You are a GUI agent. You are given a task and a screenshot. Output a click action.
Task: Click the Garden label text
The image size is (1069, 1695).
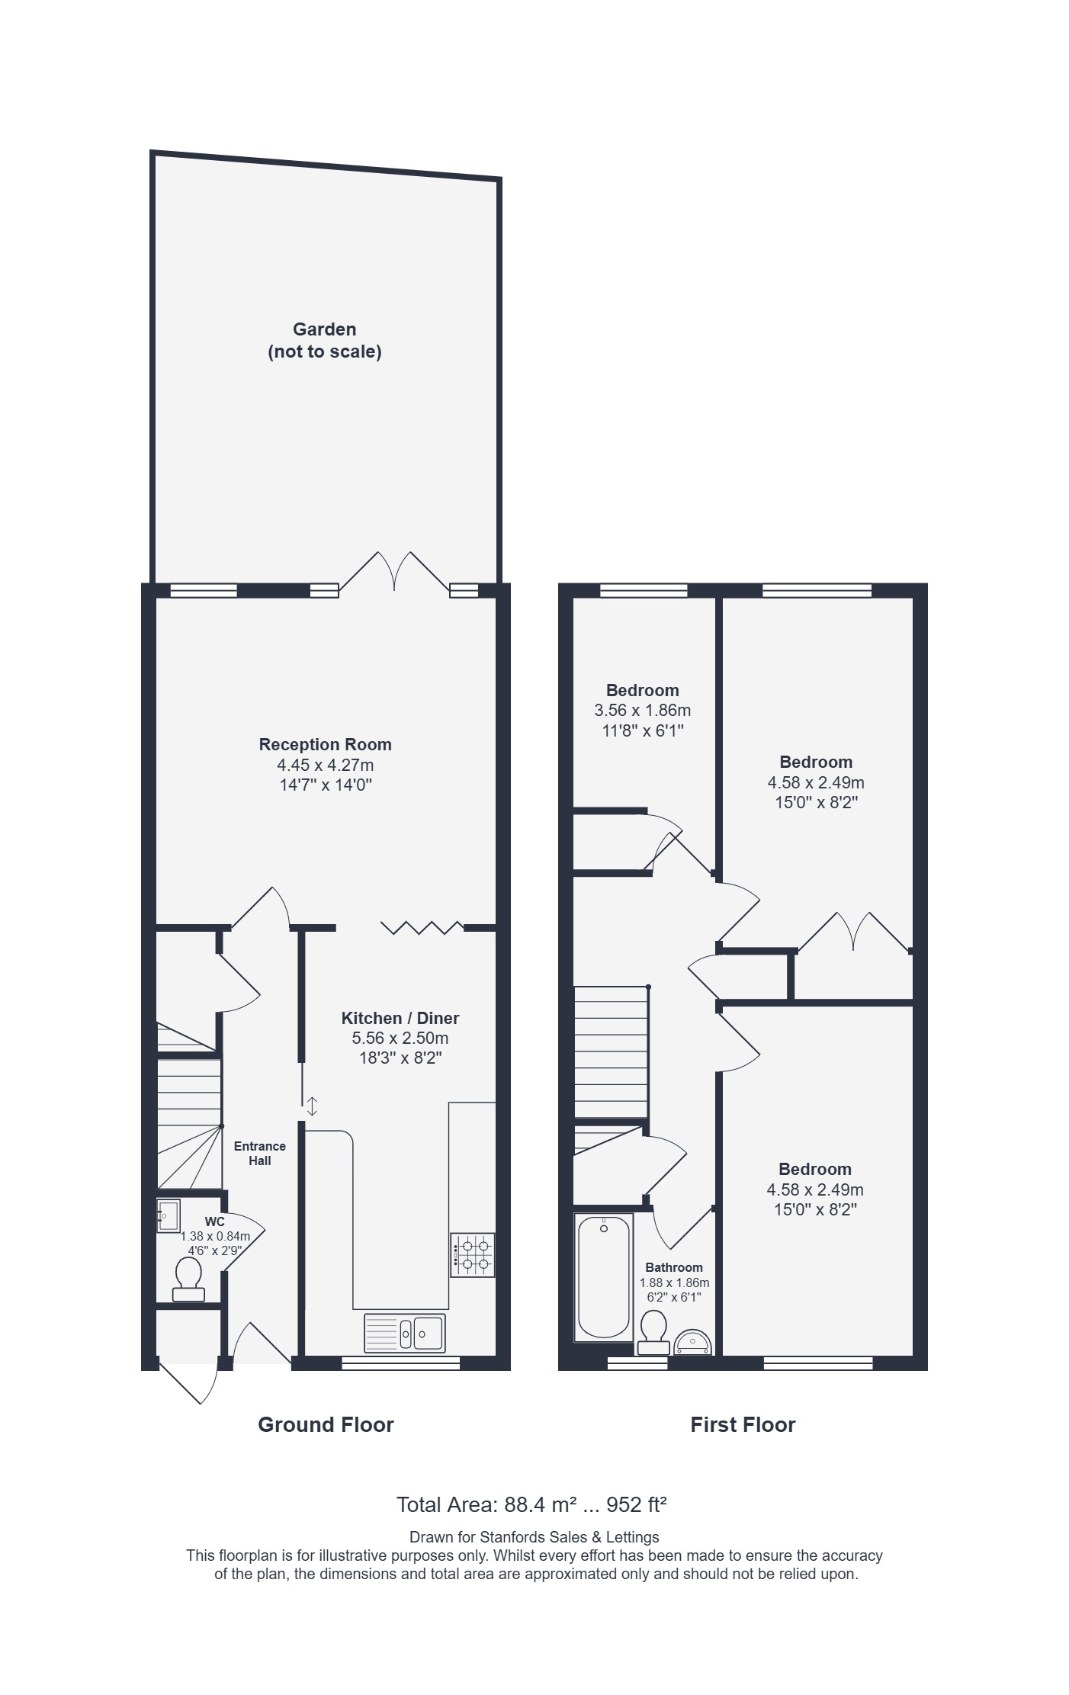[x=324, y=329]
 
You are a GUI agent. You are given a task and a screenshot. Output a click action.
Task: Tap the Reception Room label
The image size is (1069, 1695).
[x=326, y=744]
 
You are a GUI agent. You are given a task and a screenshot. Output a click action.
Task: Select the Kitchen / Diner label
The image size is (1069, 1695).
[x=400, y=1018]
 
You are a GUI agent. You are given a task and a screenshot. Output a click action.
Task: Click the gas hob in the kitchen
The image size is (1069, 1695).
[x=472, y=1255]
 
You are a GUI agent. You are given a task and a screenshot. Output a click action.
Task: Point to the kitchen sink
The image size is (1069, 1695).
[x=405, y=1332]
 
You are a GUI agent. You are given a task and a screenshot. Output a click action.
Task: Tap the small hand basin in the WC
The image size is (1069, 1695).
[x=169, y=1216]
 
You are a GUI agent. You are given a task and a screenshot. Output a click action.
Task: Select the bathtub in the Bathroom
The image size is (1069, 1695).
[x=604, y=1277]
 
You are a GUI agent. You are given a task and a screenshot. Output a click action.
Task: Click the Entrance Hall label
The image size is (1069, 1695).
[x=260, y=1153]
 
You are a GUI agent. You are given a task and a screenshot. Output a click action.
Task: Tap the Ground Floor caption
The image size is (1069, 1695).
[x=326, y=1424]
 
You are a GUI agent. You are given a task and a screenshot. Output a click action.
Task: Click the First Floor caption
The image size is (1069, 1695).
[x=743, y=1424]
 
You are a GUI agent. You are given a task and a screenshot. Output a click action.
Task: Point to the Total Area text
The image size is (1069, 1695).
[x=532, y=1504]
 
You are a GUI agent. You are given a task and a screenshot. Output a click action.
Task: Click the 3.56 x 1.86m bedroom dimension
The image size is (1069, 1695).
[x=643, y=711]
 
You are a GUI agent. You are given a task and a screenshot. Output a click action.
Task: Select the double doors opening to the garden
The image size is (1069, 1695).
[x=394, y=571]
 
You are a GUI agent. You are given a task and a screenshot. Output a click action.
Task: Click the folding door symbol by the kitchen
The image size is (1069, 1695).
[x=422, y=927]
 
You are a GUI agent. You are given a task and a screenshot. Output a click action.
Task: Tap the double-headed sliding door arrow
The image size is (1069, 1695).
[x=312, y=1106]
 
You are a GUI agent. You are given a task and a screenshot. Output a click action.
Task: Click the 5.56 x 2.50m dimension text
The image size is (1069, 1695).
[x=400, y=1038]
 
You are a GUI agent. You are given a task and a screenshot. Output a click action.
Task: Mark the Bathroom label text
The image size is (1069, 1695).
[x=674, y=1267]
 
